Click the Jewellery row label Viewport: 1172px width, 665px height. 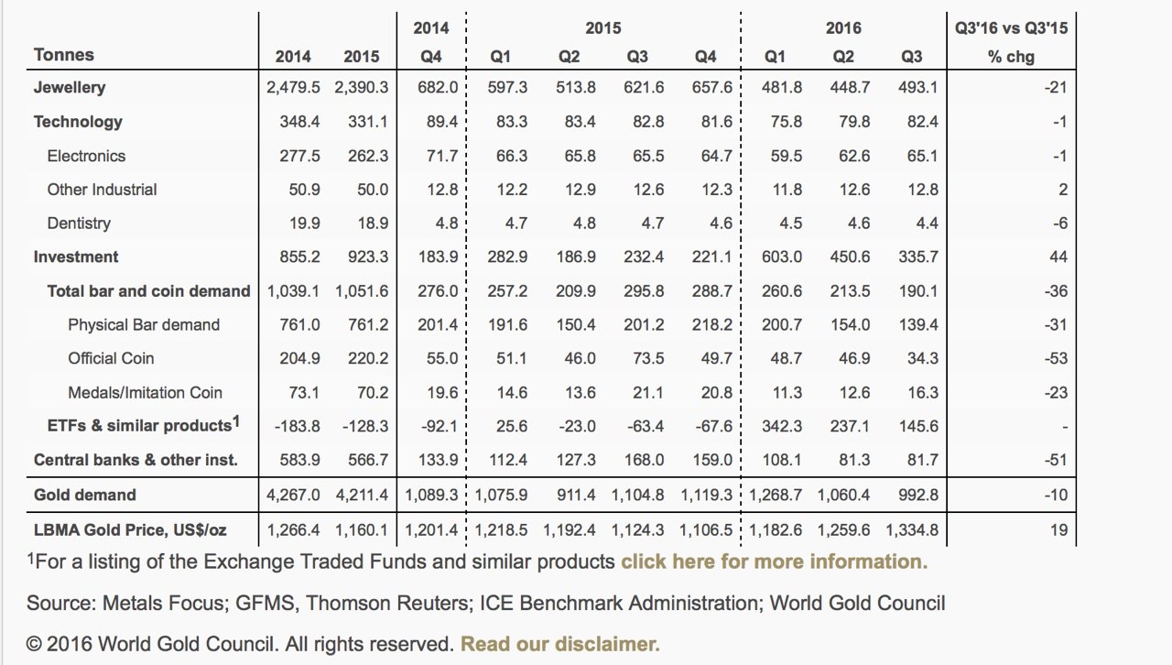tap(70, 87)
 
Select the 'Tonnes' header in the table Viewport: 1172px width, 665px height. tap(64, 54)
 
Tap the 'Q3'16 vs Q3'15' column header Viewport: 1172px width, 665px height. tap(1011, 27)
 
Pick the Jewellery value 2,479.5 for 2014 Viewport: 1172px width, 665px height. tap(293, 87)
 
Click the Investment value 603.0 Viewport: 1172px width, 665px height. tap(782, 257)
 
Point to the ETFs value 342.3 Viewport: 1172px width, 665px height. tap(782, 426)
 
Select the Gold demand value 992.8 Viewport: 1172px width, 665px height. tap(918, 495)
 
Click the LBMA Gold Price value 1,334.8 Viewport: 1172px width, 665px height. tap(911, 530)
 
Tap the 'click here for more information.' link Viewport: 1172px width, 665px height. tap(775, 561)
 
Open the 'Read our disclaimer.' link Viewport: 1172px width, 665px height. tap(559, 644)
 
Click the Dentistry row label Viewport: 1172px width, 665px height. tap(79, 223)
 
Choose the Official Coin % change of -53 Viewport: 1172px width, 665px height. tap(1056, 359)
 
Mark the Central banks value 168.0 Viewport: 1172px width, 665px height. tap(644, 460)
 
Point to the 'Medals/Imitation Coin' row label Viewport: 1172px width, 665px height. tap(145, 393)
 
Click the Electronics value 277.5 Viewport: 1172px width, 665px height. tap(299, 156)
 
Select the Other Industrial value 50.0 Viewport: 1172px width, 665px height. tap(373, 190)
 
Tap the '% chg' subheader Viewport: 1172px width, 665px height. tap(1011, 57)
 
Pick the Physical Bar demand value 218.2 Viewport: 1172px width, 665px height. tap(712, 324)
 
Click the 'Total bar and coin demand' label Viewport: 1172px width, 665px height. tap(148, 291)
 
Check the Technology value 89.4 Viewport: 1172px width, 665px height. tap(442, 122)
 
